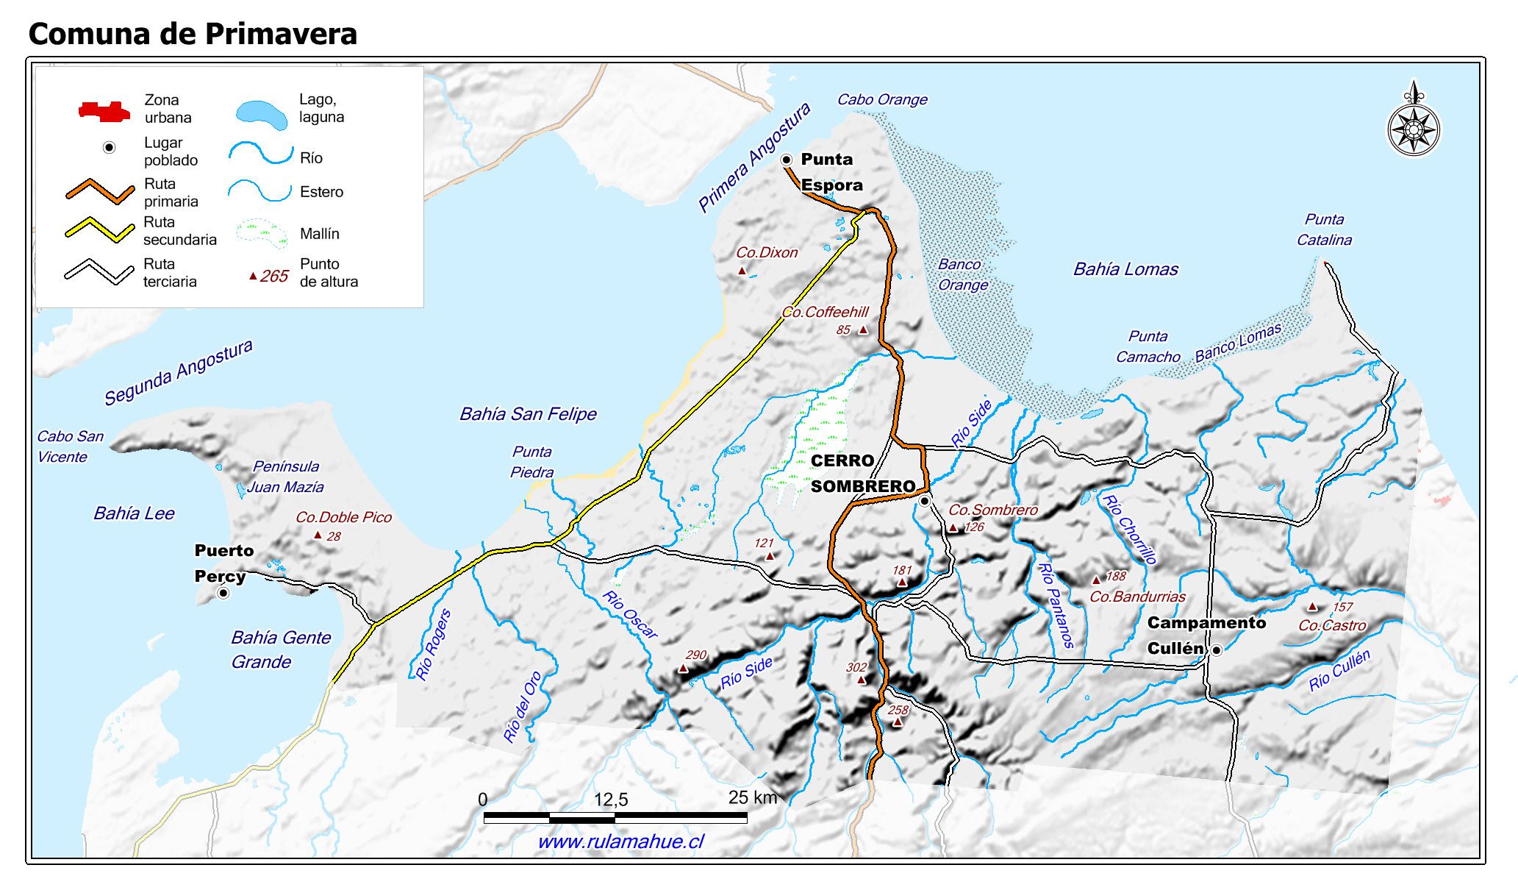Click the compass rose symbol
pyautogui.click(x=1413, y=129)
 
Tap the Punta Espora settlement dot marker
pyautogui.click(x=786, y=160)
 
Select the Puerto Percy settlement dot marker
pyautogui.click(x=223, y=593)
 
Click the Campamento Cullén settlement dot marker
pyautogui.click(x=1217, y=650)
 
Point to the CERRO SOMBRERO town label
pyautogui.click(x=862, y=474)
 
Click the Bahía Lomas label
pyautogui.click(x=1125, y=269)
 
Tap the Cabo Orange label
pyautogui.click(x=882, y=99)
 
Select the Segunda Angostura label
pyautogui.click(x=178, y=371)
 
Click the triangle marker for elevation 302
pyautogui.click(x=862, y=680)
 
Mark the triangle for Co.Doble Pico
pyautogui.click(x=318, y=535)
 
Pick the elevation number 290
pyautogui.click(x=695, y=655)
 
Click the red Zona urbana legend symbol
pyautogui.click(x=104, y=112)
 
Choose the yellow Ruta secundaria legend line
pyautogui.click(x=99, y=229)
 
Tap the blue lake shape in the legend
pyautogui.click(x=262, y=115)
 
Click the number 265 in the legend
pyautogui.click(x=274, y=276)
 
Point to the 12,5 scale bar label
pyautogui.click(x=611, y=800)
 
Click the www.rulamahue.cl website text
pyautogui.click(x=620, y=841)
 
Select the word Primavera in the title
pyautogui.click(x=281, y=34)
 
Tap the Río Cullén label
pyautogui.click(x=1339, y=670)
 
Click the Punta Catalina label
pyautogui.click(x=1324, y=229)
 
